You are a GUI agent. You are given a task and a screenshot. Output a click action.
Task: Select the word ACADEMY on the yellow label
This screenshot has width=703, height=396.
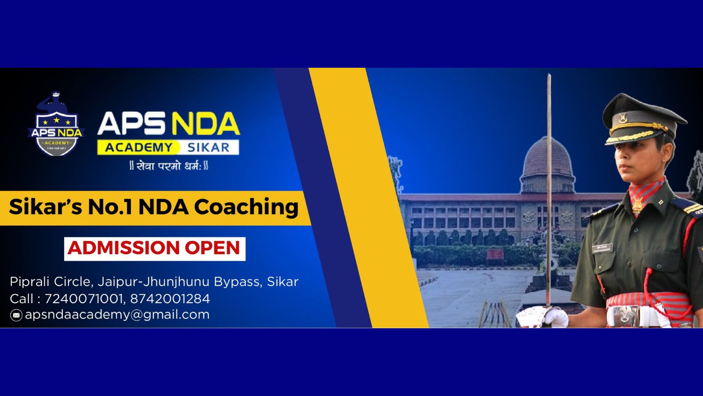point(138,147)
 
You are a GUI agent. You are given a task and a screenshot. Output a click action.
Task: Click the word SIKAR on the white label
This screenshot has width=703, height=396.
point(208,147)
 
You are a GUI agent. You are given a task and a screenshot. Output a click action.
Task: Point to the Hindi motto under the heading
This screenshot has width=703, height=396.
point(169,166)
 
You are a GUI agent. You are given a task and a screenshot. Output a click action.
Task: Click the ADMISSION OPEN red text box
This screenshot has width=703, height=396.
point(155,249)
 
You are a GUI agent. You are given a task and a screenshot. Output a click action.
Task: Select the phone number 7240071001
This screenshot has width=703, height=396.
point(83,299)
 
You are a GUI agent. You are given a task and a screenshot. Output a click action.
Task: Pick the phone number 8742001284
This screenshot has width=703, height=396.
point(170,299)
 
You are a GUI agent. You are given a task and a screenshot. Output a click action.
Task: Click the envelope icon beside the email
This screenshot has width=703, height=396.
point(16,315)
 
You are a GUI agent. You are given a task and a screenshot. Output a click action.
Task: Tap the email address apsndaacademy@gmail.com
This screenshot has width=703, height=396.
point(117,315)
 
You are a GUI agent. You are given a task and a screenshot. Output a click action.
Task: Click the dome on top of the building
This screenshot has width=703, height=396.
point(547,158)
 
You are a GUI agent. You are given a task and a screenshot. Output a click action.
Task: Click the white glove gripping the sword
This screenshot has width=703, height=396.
point(545,317)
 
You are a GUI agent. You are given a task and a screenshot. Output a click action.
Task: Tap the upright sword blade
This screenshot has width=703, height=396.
point(549,176)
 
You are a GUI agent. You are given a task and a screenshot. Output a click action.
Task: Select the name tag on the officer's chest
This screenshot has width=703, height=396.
point(602,248)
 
